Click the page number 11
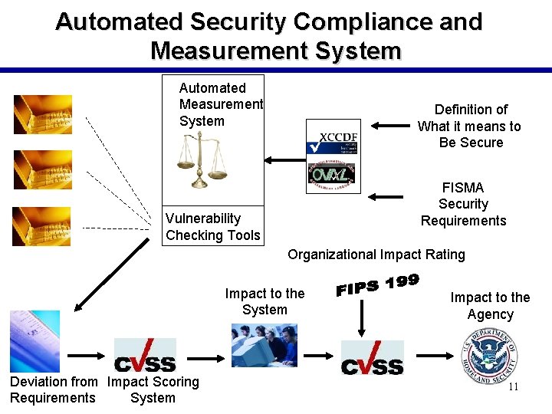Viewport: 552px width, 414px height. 513,386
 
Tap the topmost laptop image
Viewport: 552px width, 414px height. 43,114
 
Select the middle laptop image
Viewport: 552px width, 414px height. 43,169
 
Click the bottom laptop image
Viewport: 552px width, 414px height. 43,226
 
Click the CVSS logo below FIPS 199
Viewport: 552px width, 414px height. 372,358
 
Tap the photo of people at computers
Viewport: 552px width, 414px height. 264,345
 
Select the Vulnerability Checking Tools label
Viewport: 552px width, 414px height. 212,227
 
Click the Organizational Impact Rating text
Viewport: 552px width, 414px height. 376,255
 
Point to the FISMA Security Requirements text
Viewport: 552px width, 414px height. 463,204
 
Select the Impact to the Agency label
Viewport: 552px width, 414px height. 490,306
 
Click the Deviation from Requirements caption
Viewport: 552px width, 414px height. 54,389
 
